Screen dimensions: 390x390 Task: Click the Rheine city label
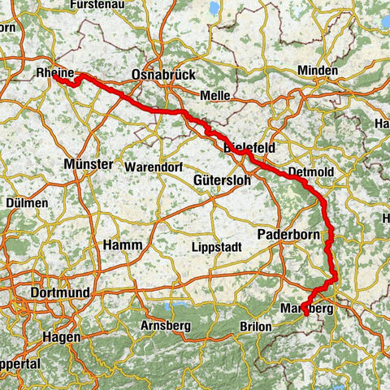point(54,72)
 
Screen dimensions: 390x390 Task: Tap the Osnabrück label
point(163,74)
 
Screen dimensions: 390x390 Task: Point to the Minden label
point(317,71)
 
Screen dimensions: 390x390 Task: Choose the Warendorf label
point(152,167)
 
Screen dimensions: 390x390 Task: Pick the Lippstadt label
point(214,246)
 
